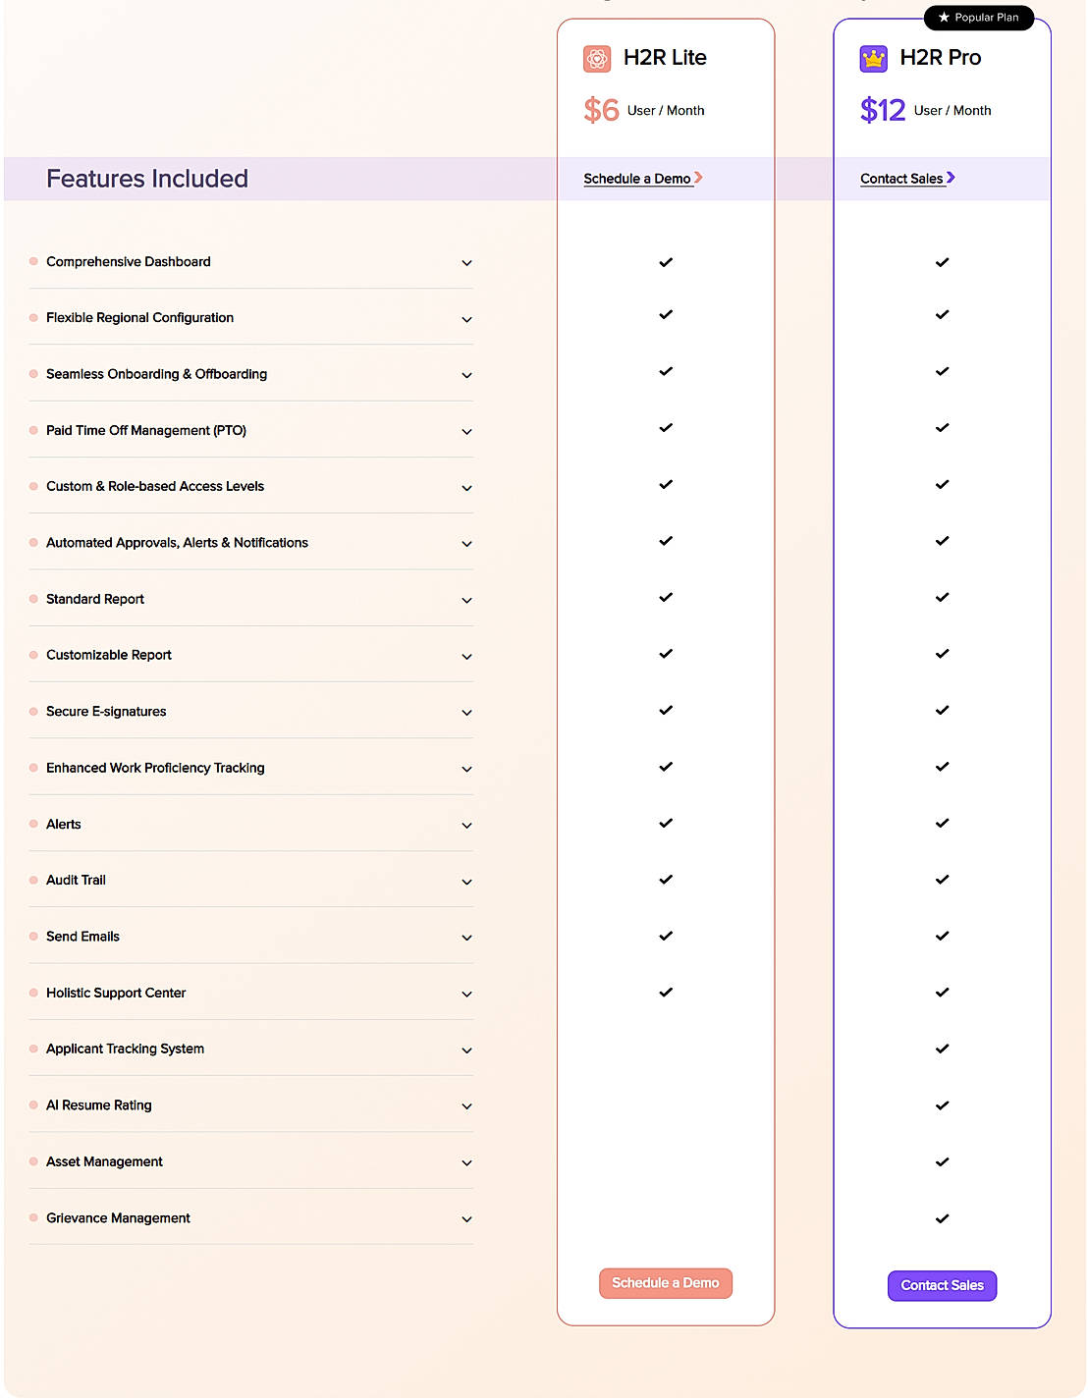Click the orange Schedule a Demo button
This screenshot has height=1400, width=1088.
(665, 1283)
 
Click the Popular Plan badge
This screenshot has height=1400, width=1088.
(978, 18)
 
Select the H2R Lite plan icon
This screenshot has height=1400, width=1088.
(597, 59)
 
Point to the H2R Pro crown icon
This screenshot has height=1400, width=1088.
(873, 59)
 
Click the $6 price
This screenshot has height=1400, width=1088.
(601, 110)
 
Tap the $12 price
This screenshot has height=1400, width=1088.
(882, 110)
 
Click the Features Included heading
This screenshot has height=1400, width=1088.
(147, 179)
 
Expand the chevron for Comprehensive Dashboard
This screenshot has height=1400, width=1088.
(467, 263)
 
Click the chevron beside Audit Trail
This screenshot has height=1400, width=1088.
(467, 882)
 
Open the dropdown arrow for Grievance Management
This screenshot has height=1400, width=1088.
(467, 1219)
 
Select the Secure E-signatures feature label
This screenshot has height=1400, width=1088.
(106, 712)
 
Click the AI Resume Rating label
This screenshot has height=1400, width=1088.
(99, 1105)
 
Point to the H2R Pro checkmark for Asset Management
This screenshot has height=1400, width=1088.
(942, 1162)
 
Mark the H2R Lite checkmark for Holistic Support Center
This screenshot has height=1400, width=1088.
(666, 993)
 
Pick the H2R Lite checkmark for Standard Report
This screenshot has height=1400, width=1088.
(666, 598)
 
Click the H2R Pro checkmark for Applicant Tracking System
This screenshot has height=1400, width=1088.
(942, 1050)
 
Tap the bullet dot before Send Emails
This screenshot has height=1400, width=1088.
(33, 937)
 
